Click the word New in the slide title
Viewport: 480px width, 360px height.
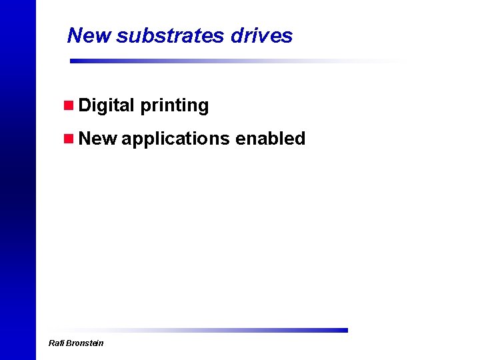(89, 35)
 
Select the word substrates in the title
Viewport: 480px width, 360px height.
(171, 35)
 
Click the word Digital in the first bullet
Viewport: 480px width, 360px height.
(107, 105)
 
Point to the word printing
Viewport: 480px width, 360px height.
(175, 106)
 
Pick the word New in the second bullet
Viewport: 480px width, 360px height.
(97, 139)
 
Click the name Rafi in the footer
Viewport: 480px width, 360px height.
(56, 343)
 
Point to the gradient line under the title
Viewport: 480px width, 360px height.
(233, 61)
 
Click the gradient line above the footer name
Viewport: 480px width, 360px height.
(200, 330)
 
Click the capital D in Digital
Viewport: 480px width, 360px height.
(84, 105)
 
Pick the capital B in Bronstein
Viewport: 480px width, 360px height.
(69, 343)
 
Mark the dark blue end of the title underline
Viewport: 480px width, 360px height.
(75, 61)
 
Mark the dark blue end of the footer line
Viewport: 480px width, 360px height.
(343, 330)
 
